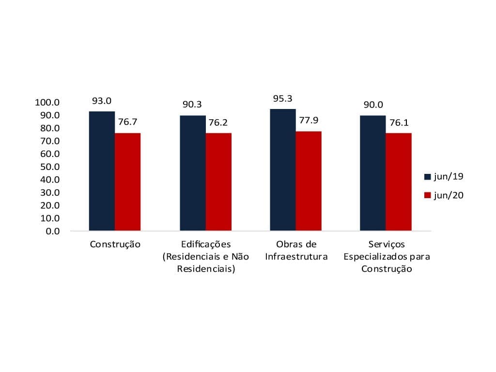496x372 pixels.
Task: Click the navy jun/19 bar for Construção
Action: tap(102, 171)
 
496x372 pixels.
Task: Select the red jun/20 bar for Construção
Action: tap(128, 182)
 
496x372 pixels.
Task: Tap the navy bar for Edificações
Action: tap(193, 173)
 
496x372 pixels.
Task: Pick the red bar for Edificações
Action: tap(218, 182)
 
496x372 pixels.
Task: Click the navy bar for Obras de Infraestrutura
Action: tap(283, 170)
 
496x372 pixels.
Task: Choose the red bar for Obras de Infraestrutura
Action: tap(309, 181)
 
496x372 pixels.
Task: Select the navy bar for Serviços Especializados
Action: tap(373, 173)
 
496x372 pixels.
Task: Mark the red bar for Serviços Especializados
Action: tap(399, 182)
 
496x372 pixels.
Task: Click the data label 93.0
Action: tap(102, 101)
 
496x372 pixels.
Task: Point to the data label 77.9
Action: tap(309, 121)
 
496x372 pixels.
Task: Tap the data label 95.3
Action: tap(283, 99)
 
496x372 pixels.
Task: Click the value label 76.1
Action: tap(399, 123)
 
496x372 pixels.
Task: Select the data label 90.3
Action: tap(192, 105)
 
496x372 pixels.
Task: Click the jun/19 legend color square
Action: tap(428, 177)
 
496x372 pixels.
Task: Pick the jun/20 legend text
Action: tap(449, 196)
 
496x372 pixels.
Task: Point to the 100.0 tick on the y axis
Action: tap(47, 103)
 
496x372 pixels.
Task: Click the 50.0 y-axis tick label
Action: tap(50, 167)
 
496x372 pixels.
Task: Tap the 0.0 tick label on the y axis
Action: tap(53, 231)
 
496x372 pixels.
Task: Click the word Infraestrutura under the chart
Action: tap(296, 257)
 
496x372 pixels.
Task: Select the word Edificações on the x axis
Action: tap(206, 245)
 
